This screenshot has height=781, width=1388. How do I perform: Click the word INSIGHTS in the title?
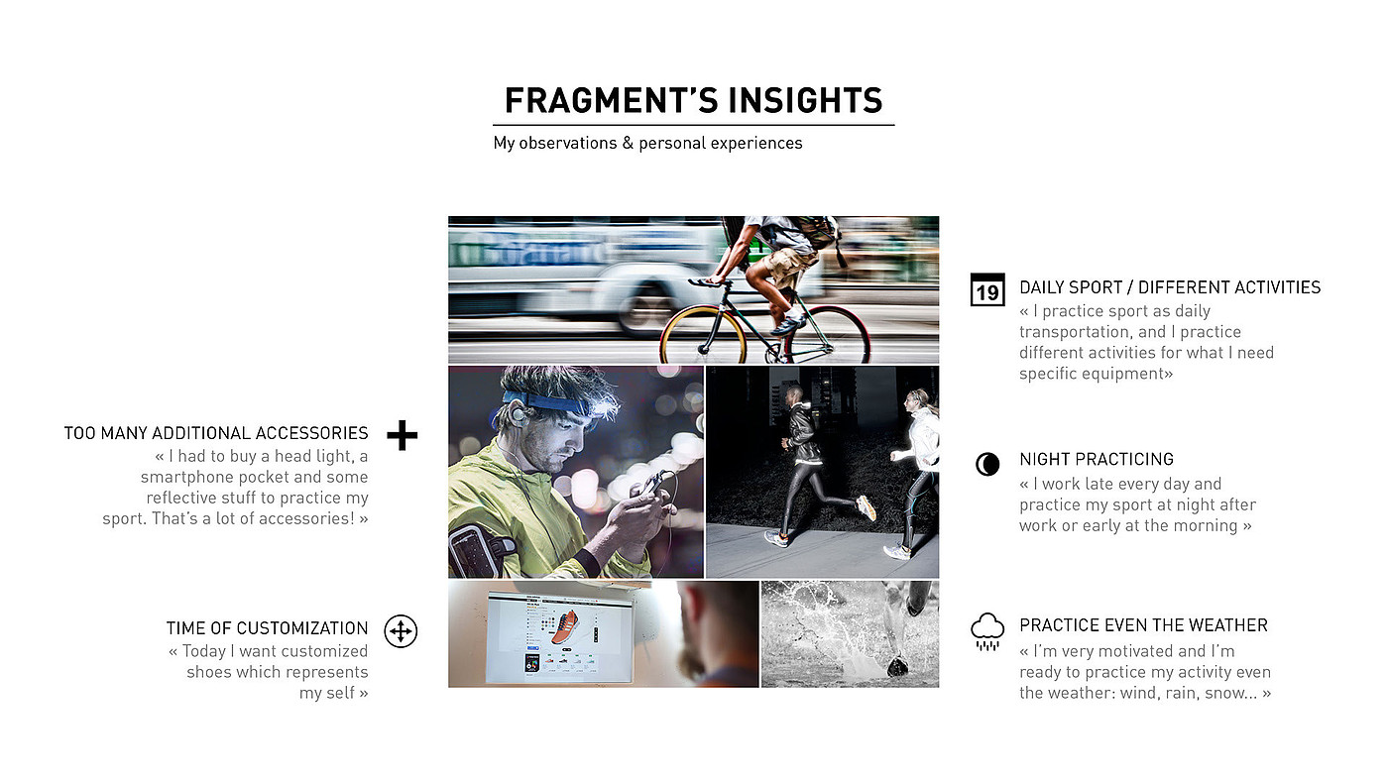coord(805,100)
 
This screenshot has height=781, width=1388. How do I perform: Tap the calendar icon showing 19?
coord(987,289)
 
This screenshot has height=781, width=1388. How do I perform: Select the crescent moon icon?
coord(987,464)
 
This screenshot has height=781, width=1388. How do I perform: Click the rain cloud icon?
coord(987,631)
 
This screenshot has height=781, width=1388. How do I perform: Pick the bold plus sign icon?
coord(403,435)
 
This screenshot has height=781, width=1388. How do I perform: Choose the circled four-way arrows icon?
coord(401,631)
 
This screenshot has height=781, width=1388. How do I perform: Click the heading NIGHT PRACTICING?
coord(1097,460)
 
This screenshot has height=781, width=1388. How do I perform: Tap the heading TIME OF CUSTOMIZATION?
coord(267,628)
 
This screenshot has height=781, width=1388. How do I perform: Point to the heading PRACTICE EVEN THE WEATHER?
coord(1143,625)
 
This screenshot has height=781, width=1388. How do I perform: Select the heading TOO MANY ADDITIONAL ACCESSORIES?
coord(216,433)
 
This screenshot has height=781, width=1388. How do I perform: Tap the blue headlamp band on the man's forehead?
coord(545,403)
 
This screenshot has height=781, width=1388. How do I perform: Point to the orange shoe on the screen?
coord(564,628)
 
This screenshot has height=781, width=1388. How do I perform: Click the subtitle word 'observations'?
coord(567,143)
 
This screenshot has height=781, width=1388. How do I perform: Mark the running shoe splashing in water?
coord(897,666)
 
